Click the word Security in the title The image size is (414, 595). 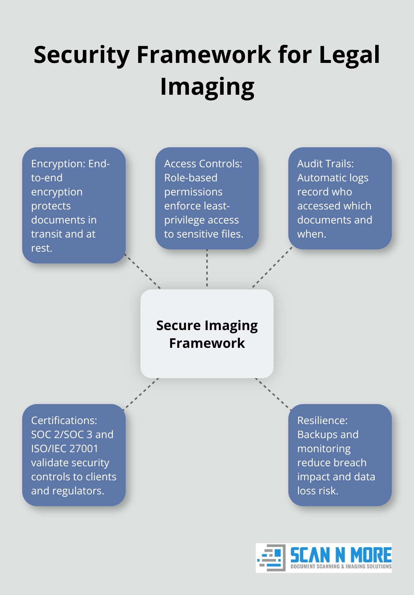81,55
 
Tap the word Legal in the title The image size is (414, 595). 349,55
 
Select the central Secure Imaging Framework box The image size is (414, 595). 207,334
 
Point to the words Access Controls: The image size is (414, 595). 203,164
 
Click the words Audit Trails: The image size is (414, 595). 325,164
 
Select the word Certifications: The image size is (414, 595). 64,420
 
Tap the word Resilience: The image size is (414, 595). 322,420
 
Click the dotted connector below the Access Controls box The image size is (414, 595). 207,269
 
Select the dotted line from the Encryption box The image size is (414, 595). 143,272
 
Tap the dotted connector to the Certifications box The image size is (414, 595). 141,394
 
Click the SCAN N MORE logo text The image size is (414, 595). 340,555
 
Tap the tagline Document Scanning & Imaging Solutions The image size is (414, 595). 340,567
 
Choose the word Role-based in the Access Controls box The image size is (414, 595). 191,178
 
